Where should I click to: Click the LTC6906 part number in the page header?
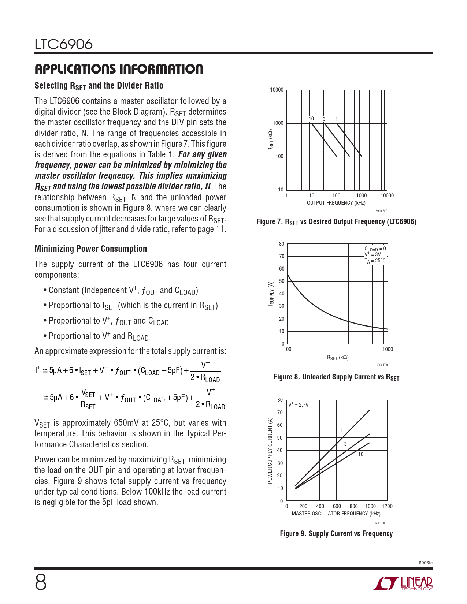coord(64,44)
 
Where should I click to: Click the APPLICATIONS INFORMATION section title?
coord(119,69)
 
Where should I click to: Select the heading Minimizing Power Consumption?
coord(90,249)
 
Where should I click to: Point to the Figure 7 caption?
coord(336,222)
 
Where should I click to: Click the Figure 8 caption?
coord(336,377)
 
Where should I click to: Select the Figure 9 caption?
coord(336,533)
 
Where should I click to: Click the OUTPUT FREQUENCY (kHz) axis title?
coord(336,203)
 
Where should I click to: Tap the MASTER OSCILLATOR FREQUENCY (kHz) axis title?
coord(336,514)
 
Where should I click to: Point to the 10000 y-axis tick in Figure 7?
coord(277,90)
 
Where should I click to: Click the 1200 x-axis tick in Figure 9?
coord(387,506)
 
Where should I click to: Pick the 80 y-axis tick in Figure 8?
coord(281,244)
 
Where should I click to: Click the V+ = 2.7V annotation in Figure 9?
coord(299,405)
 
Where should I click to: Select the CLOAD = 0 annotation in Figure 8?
coord(375,249)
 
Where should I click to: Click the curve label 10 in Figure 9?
coord(361,454)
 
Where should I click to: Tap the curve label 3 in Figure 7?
coord(324,119)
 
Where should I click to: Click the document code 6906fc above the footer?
coord(425,563)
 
